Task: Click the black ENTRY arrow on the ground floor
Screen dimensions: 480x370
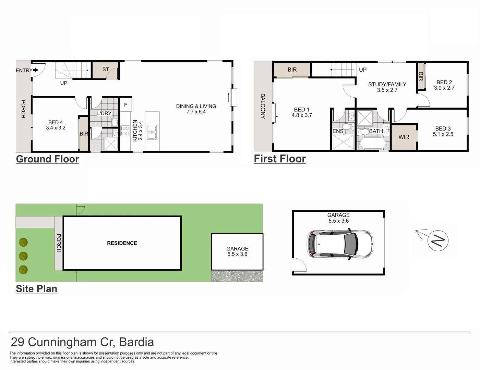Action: coord(36,70)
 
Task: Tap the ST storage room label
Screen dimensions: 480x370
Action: coord(106,70)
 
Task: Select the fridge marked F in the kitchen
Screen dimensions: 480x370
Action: coord(125,104)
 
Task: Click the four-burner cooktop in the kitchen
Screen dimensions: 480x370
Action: coord(126,131)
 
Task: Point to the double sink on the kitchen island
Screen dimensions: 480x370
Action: coord(152,132)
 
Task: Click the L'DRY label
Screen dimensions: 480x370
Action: coord(104,113)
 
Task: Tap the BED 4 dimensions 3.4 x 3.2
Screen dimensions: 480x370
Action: coord(56,128)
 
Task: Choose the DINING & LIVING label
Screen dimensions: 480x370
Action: coord(196,106)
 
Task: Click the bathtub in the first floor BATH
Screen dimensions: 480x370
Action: coord(373,143)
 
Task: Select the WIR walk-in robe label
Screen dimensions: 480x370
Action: coord(404,137)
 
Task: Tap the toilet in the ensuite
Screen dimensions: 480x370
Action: coord(347,127)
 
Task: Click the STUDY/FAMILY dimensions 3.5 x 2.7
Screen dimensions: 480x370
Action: coord(387,90)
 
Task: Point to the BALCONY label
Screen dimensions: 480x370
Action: coord(263,106)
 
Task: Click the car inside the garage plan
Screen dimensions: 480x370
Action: coord(340,244)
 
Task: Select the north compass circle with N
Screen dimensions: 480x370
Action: coord(438,241)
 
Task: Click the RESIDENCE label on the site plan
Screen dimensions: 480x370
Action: coord(122,243)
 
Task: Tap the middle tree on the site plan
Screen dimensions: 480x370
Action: coord(23,256)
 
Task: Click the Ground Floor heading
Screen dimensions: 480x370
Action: coord(47,159)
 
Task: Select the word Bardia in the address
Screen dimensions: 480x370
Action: coord(136,342)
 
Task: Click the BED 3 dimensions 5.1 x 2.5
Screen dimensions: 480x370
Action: coord(443,134)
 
